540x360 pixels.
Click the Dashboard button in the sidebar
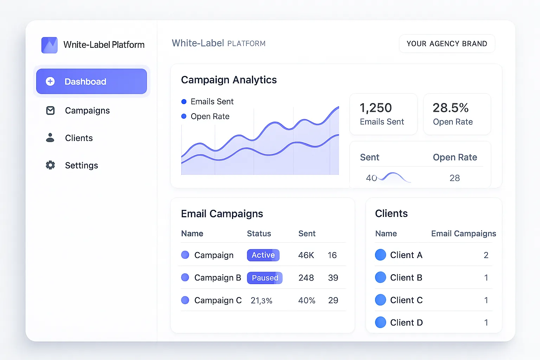[91, 82]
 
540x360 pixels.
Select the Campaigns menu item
[87, 111]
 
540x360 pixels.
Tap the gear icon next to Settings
[50, 165]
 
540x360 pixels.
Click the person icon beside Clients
[50, 138]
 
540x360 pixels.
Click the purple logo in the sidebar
[50, 45]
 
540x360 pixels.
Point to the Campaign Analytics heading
[229, 80]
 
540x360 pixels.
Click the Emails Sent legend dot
[184, 102]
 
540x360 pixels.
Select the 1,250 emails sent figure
[375, 108]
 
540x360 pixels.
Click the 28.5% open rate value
[451, 108]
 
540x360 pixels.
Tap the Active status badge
[263, 255]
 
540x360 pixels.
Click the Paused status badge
[265, 278]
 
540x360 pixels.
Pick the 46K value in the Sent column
[306, 255]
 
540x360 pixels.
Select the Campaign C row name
[218, 300]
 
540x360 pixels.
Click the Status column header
[259, 234]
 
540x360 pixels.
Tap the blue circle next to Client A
[380, 255]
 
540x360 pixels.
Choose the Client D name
[406, 323]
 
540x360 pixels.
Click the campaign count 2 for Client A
[486, 255]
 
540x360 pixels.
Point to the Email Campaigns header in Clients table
[463, 234]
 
